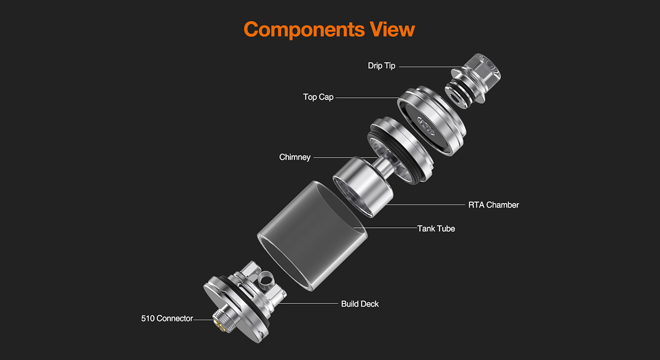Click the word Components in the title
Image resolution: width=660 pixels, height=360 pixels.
point(304,30)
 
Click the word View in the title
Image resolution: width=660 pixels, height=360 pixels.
point(392,29)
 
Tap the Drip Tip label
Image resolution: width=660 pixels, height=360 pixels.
point(381,66)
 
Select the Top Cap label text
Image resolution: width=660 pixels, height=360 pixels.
point(318,97)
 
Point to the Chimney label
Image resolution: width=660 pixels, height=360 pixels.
point(295,158)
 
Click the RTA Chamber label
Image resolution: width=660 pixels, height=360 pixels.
point(493,205)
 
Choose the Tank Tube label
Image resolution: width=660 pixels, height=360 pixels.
point(436,228)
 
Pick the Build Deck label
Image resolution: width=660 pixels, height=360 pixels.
point(360,304)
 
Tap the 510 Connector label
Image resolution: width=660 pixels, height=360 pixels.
point(167,318)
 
